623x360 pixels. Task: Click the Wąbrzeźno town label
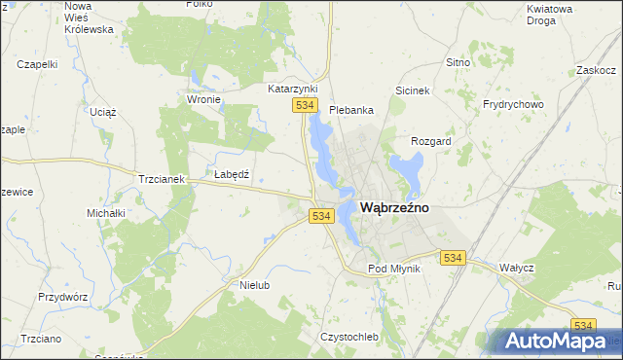tap(395, 207)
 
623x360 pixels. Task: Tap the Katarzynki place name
tap(293, 89)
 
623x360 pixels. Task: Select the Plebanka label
tap(351, 110)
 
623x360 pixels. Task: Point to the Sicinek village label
tap(412, 90)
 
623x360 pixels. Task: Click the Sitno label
tap(458, 62)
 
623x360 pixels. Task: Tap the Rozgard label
tap(431, 141)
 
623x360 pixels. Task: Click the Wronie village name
tap(203, 99)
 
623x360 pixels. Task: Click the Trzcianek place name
tap(162, 180)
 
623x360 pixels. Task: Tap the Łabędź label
tap(233, 174)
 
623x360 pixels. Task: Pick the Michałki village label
tap(106, 212)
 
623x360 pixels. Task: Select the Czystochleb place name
tap(348, 337)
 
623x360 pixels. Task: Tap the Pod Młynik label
tap(393, 269)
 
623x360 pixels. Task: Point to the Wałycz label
tap(516, 267)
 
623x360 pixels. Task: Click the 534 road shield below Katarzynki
tap(306, 105)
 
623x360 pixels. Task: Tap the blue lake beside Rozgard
tap(406, 171)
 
